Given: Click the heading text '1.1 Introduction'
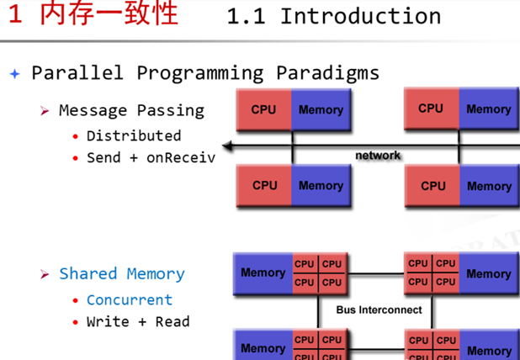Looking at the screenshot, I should (x=334, y=16).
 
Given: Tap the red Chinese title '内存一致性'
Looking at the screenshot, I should (x=109, y=14).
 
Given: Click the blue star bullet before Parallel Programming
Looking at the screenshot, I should (x=14, y=73).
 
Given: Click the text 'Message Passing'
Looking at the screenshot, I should (x=131, y=110).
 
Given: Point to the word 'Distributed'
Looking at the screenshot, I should (x=134, y=135).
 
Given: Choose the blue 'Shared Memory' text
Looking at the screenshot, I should (x=122, y=273).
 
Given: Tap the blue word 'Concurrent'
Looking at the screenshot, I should (x=129, y=299).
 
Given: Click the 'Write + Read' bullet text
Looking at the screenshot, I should (x=138, y=321).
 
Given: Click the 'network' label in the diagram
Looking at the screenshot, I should (x=378, y=156).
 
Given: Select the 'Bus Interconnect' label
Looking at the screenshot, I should (x=379, y=310).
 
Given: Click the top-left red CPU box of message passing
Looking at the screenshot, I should (x=264, y=109).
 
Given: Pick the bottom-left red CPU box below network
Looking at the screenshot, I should (x=264, y=185).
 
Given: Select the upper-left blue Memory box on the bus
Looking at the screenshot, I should (x=263, y=272).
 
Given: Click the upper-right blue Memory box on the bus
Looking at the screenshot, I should (x=488, y=273).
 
